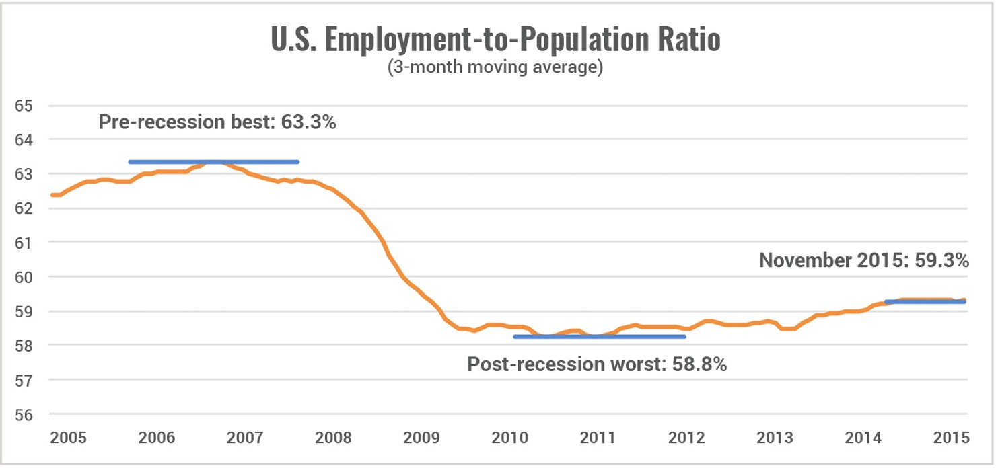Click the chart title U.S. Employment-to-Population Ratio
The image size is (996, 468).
pos(496,40)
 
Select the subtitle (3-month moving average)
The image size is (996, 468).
pos(496,69)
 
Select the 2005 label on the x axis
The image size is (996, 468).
pos(68,438)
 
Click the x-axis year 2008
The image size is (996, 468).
pos(333,438)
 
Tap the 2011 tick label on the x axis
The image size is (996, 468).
pos(598,438)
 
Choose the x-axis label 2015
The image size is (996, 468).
pos(952,438)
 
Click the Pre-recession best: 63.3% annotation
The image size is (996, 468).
pos(217,123)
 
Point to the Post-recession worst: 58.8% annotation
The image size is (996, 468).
pos(597,365)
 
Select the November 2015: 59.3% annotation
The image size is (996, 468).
pos(864,261)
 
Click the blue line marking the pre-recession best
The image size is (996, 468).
pos(213,162)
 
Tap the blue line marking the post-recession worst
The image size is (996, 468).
pos(599,336)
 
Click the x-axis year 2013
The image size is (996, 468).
pos(775,438)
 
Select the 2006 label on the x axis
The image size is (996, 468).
pos(156,438)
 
